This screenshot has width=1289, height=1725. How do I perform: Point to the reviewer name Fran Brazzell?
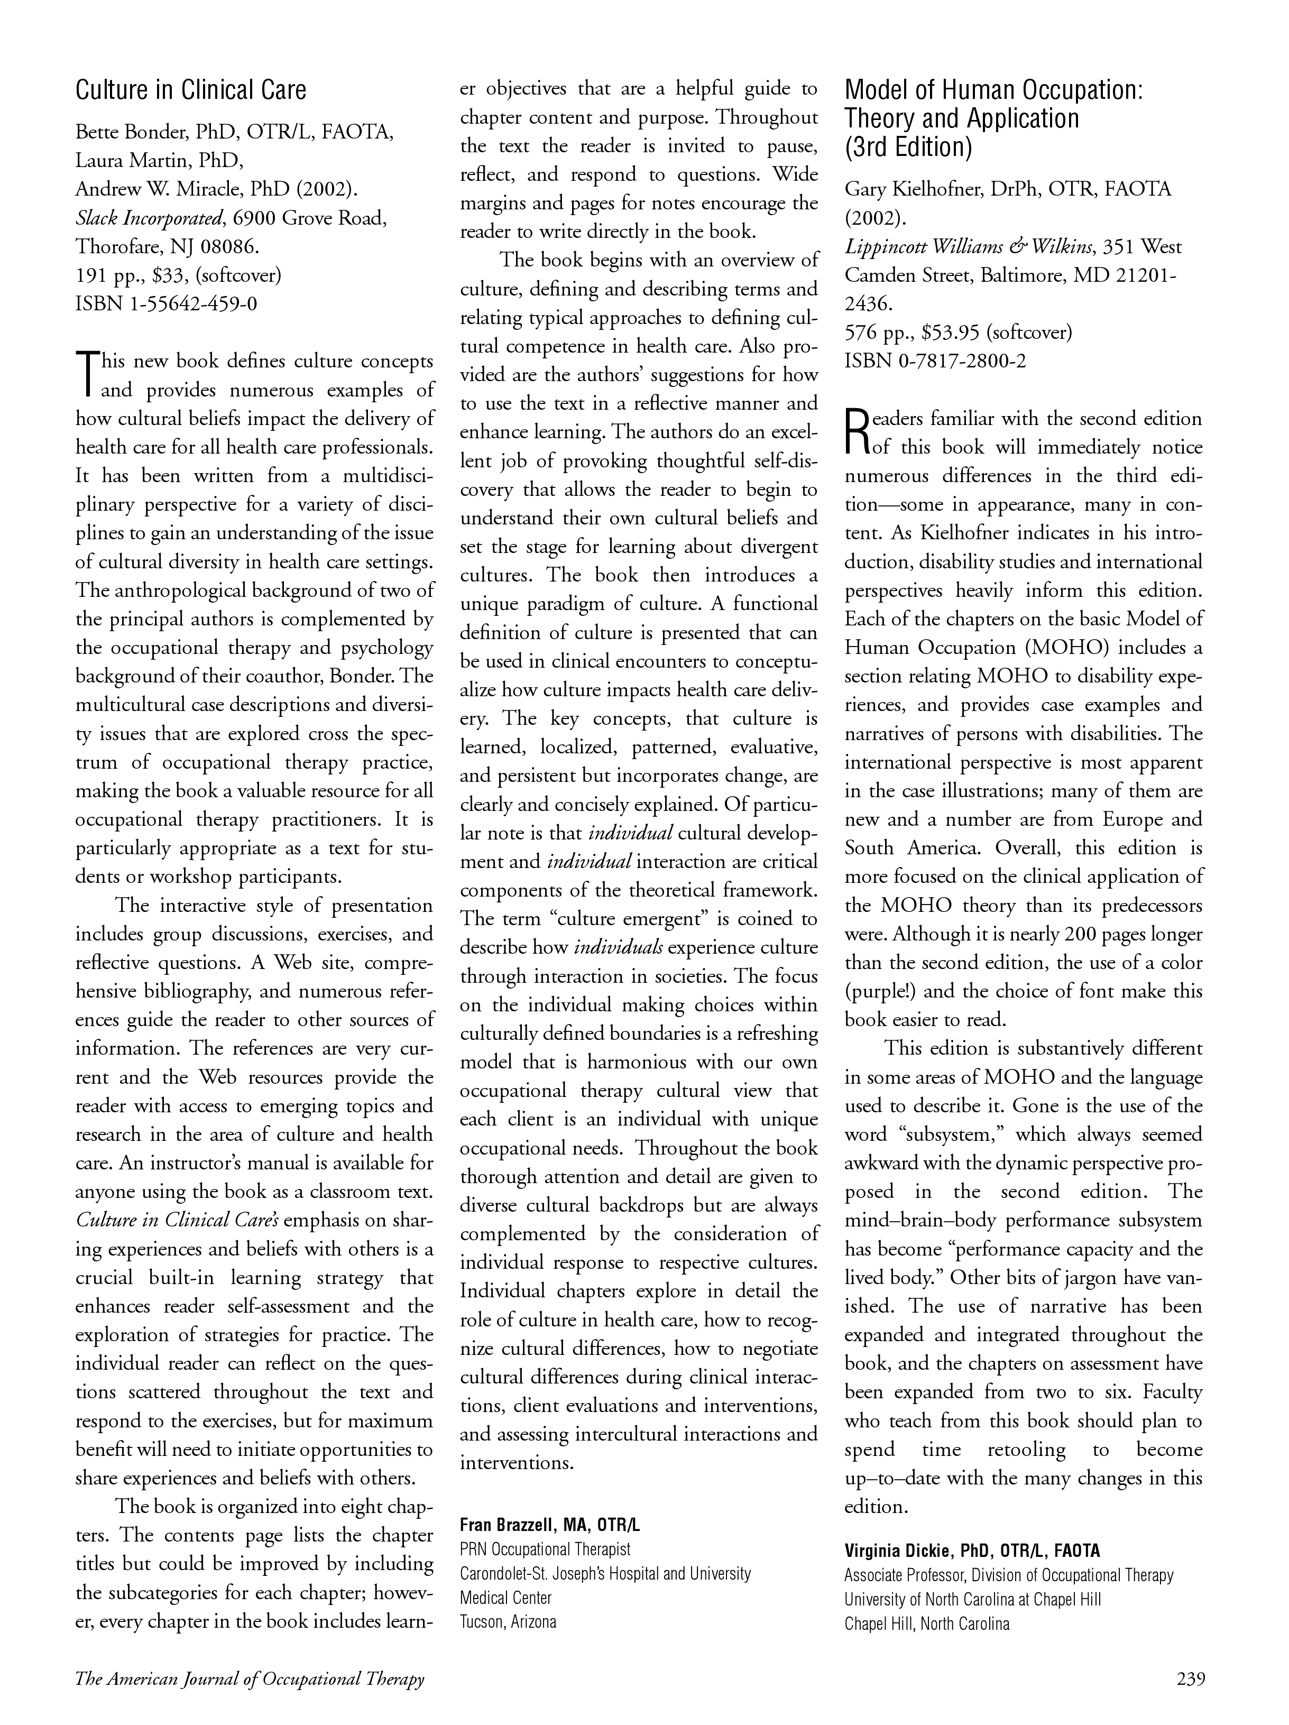coord(507,1525)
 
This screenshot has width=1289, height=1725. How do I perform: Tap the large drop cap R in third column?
coord(856,431)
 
